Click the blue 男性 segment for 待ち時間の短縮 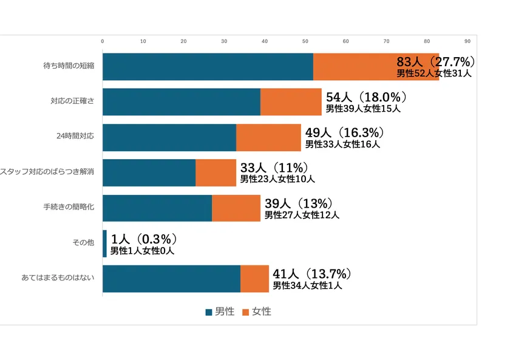(208, 67)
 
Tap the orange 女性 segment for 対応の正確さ (291, 102)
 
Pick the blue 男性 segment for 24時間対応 (169, 137)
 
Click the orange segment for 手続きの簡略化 (236, 208)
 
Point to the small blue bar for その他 (104, 243)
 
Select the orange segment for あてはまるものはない (254, 279)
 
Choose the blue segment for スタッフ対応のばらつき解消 (149, 172)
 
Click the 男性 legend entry (220, 311)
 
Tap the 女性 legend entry (257, 311)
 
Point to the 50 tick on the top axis (305, 41)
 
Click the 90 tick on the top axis (467, 41)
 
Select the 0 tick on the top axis (103, 41)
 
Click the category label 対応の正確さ (72, 102)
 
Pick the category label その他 (83, 243)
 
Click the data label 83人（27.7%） (435, 62)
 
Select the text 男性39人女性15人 (363, 109)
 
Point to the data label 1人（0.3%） (143, 239)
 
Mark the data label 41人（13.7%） (312, 274)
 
